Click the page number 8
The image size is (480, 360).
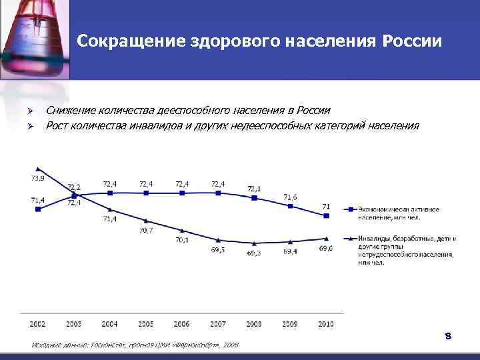click(x=449, y=336)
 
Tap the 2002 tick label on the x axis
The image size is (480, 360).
click(x=37, y=323)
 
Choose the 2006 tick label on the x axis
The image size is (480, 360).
click(x=182, y=323)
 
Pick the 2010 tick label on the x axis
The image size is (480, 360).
click(x=326, y=323)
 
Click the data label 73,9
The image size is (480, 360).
click(x=37, y=178)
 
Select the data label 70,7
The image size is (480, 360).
click(x=146, y=231)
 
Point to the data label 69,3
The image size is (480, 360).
click(x=254, y=253)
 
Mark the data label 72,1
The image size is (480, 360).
click(x=254, y=189)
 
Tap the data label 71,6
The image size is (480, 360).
click(x=290, y=197)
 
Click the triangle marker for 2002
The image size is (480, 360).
click(x=38, y=169)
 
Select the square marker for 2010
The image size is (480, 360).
click(x=326, y=215)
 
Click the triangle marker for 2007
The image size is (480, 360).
click(x=218, y=239)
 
